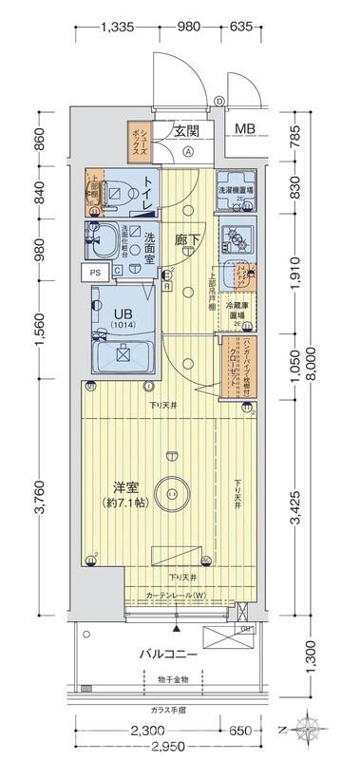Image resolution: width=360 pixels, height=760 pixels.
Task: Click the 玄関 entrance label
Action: pos(185,132)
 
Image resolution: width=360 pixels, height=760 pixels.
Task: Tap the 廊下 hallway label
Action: pos(185,241)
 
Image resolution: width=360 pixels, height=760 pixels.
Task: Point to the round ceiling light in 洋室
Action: pos(172,492)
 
